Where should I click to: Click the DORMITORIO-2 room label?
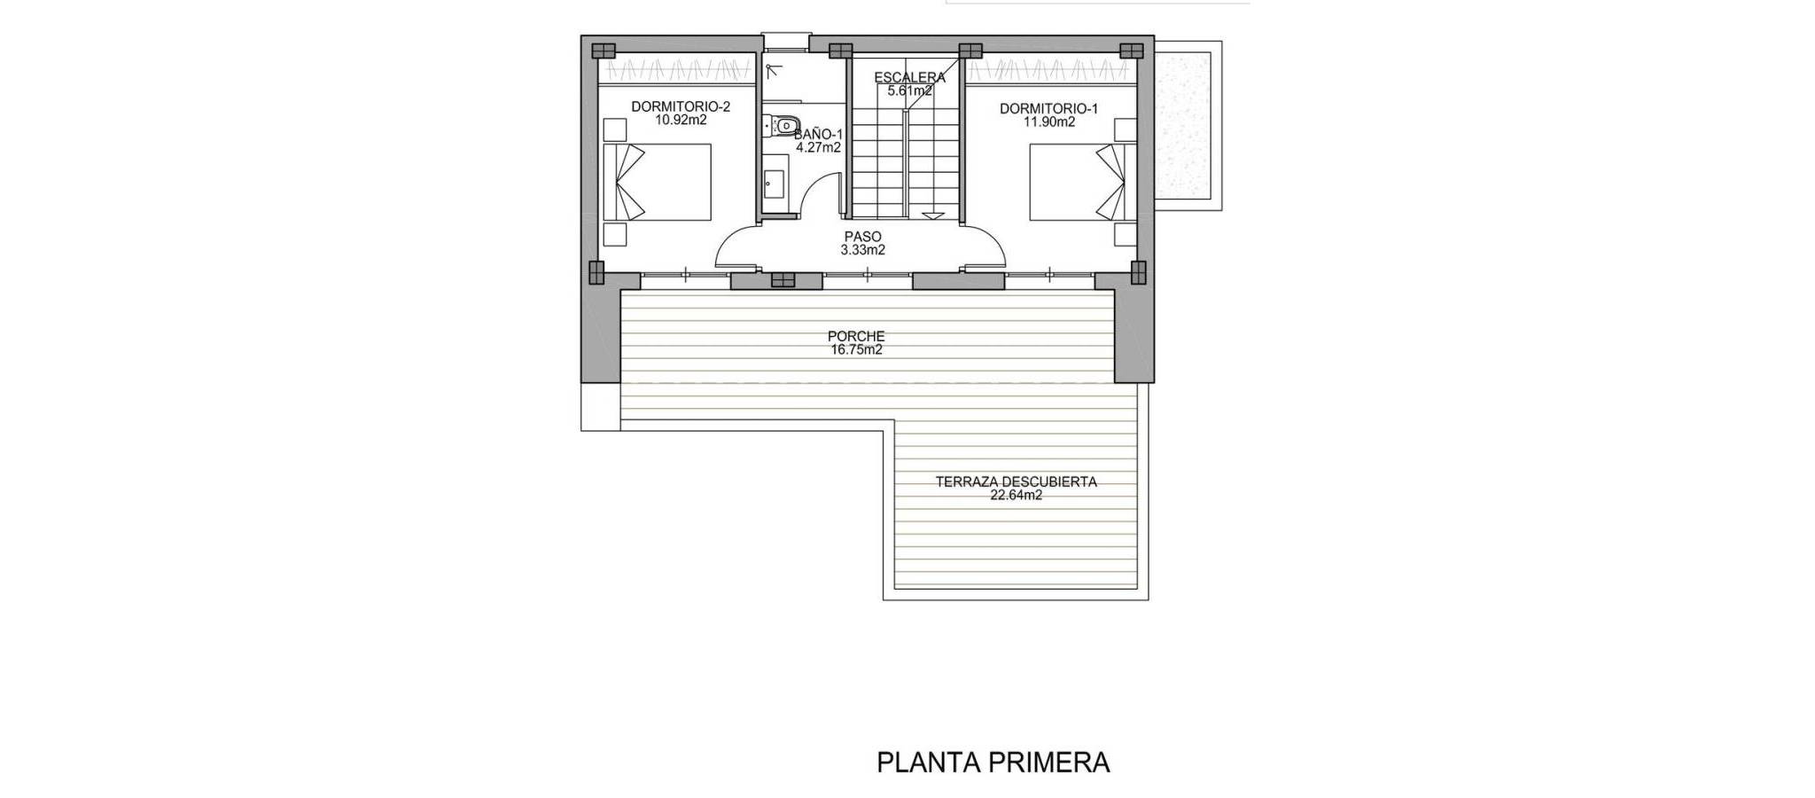681,107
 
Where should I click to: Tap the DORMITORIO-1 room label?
1048,109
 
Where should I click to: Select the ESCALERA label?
909,78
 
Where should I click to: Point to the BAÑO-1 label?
818,135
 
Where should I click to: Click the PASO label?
862,237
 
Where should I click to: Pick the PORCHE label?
856,337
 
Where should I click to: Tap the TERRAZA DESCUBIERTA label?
1017,482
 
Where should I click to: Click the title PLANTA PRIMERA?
993,763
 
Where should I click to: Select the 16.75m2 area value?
856,350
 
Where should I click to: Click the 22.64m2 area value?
1017,496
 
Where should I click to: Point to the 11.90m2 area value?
1049,122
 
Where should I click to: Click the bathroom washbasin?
773,184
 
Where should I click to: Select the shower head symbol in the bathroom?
771,69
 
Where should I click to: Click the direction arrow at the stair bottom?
932,215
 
